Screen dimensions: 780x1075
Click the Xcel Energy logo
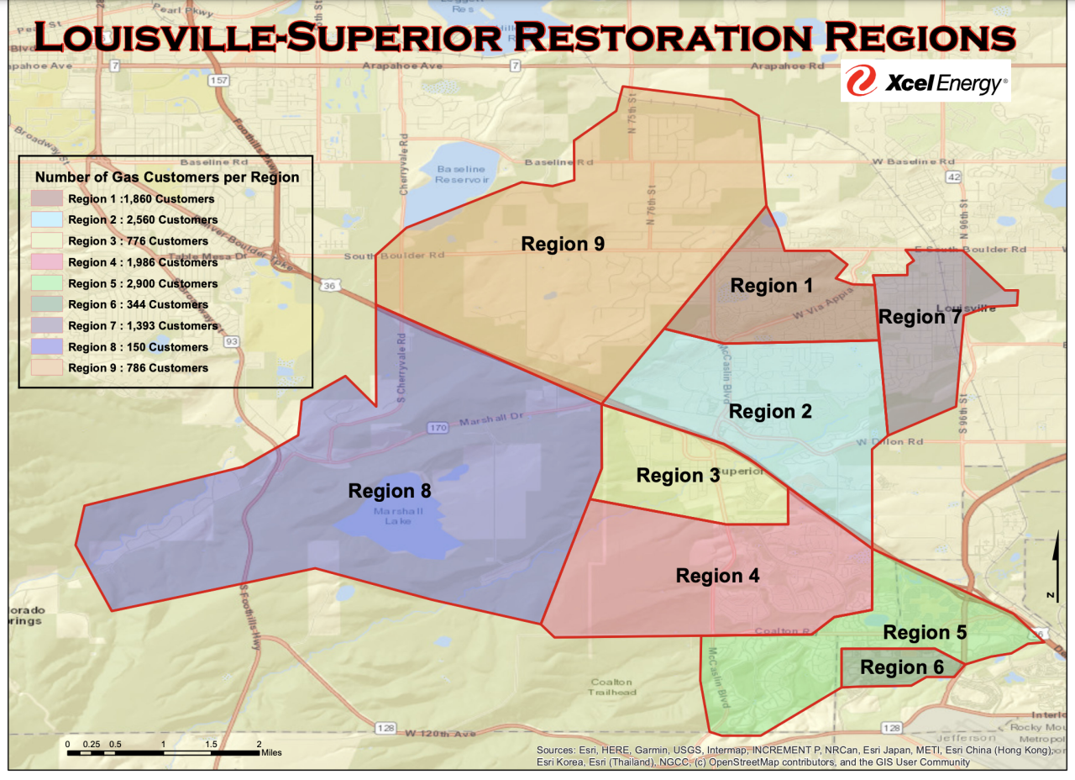tap(926, 82)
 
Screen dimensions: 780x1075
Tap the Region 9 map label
tap(563, 244)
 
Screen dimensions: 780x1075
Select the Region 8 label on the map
tap(390, 491)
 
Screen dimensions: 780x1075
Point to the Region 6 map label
tap(902, 667)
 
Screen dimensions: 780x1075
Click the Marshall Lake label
tap(391, 515)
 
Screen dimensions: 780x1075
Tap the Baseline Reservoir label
tap(461, 174)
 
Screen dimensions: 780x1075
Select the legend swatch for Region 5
tap(47, 283)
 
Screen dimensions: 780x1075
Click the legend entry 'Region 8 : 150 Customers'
tap(138, 347)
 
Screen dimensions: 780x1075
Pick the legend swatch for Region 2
tap(47, 220)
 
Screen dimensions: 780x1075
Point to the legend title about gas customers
tap(166, 177)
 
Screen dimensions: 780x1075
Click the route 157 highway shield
tap(220, 80)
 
